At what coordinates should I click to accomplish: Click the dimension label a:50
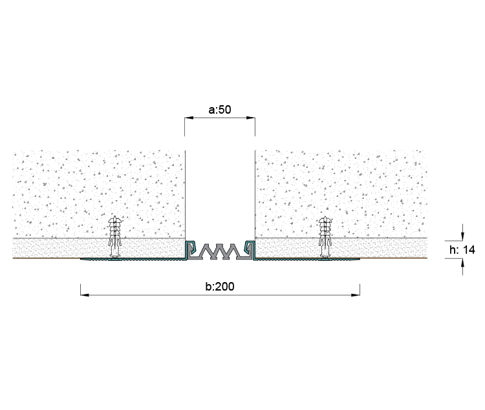(220, 110)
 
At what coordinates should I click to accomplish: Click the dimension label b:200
(220, 287)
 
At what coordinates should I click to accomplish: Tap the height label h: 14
(462, 249)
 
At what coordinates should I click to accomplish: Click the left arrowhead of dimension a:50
(189, 118)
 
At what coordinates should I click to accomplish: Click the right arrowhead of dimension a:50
(251, 118)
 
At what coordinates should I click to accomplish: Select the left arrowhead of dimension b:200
(85, 295)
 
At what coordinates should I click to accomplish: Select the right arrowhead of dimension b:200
(356, 295)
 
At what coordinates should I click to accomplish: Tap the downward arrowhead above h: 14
(462, 236)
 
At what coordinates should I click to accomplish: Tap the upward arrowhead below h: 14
(462, 263)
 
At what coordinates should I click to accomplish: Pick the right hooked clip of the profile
(250, 247)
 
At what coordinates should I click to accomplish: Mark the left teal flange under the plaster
(133, 260)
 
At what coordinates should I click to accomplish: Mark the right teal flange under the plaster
(307, 260)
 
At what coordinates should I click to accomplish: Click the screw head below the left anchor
(114, 257)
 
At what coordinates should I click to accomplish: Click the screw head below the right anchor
(325, 257)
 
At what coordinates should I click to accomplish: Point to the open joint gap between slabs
(220, 194)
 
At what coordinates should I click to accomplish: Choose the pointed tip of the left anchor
(114, 216)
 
